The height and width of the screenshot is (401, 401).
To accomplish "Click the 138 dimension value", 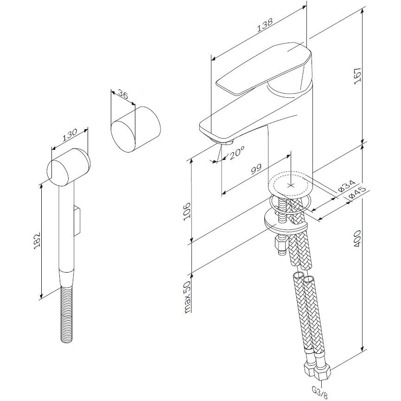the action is tap(265, 25).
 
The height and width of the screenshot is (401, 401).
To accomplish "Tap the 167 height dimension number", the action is tap(357, 75).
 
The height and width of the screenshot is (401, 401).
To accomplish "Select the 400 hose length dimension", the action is tap(357, 239).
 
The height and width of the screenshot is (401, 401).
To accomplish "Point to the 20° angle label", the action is tap(237, 153).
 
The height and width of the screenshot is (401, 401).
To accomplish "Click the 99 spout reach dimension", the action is tap(256, 169).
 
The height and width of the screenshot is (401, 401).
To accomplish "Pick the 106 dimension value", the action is tap(187, 210).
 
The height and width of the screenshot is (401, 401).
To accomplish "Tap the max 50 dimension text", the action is tap(187, 297).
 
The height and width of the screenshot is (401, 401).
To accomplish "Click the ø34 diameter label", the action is tap(347, 186).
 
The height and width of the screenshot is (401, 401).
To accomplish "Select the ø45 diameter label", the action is tap(357, 193).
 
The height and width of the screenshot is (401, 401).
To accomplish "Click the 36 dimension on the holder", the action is tap(123, 95).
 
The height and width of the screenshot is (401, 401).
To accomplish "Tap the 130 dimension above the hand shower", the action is tap(69, 135).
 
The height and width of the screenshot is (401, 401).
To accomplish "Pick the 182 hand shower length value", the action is tap(38, 241).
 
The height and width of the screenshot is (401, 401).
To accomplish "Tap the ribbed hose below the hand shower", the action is tap(68, 315).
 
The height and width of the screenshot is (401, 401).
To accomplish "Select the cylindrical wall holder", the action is tap(135, 129).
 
